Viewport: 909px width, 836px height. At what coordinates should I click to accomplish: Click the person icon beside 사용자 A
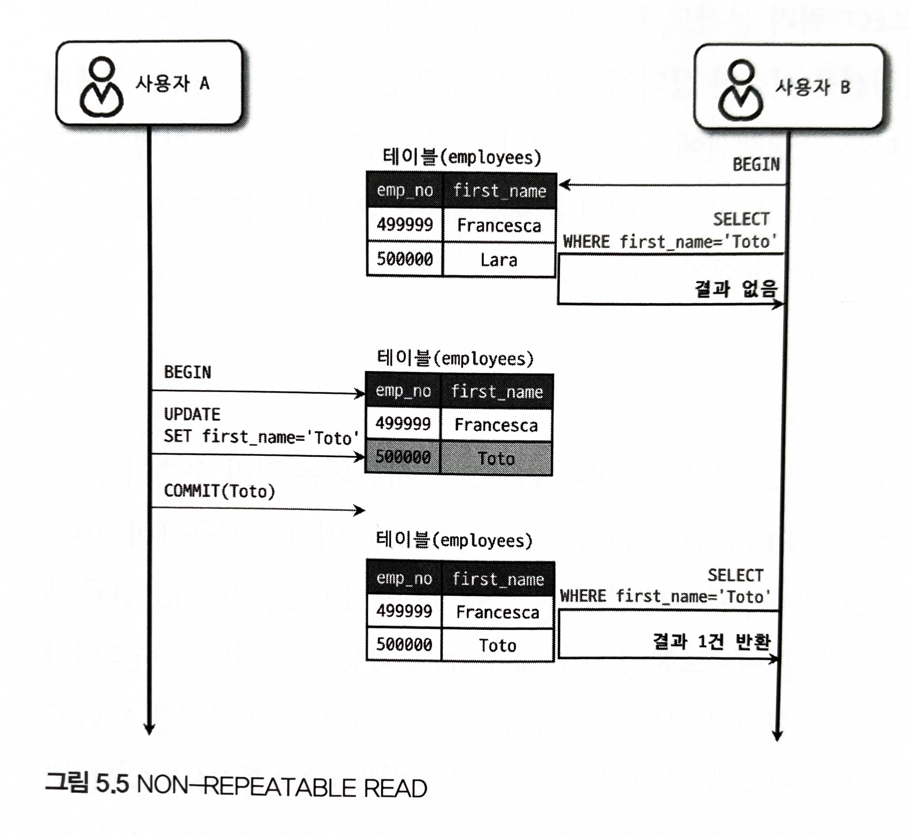point(102,87)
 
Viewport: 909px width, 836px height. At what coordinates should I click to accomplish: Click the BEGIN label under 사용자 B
point(756,165)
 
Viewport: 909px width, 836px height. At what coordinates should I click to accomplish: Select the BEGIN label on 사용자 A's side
point(187,372)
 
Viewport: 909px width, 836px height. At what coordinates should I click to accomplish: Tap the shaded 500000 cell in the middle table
point(402,457)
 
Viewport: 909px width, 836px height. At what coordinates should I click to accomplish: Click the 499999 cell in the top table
point(405,225)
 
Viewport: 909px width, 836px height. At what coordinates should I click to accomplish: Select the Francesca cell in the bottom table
point(498,612)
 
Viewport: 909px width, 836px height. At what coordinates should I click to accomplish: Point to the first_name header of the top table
point(500,191)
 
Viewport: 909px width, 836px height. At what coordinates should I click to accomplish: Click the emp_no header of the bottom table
point(404,579)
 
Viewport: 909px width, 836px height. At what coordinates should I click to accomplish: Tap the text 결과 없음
point(736,288)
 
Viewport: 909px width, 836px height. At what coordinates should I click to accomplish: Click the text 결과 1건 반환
point(711,641)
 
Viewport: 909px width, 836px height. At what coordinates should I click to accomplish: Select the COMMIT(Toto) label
point(219,491)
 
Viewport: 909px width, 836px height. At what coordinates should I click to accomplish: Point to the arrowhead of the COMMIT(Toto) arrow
point(360,511)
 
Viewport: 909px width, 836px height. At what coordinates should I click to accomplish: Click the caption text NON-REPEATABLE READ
point(282,788)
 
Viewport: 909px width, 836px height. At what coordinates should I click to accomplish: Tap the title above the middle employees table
point(455,359)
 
